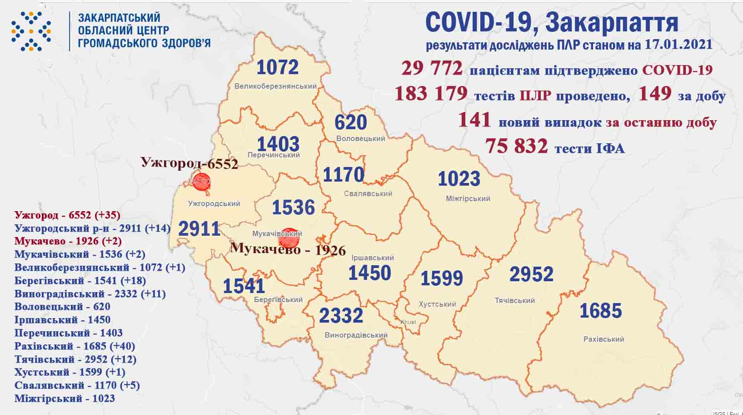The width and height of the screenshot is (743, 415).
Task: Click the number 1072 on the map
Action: pyautogui.click(x=278, y=67)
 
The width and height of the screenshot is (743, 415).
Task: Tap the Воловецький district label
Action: pyautogui.click(x=361, y=138)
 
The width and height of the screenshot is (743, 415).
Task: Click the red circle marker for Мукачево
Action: pyautogui.click(x=289, y=238)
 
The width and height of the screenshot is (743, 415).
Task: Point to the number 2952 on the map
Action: pyautogui.click(x=531, y=274)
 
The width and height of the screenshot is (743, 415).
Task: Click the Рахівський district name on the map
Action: pyautogui.click(x=603, y=339)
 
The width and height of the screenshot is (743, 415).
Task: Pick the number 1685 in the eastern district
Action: pyautogui.click(x=600, y=311)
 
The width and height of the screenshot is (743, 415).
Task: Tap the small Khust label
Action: pyautogui.click(x=408, y=322)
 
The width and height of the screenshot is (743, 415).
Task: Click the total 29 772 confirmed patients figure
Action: pyautogui.click(x=432, y=69)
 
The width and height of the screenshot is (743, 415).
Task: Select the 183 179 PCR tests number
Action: pyautogui.click(x=431, y=94)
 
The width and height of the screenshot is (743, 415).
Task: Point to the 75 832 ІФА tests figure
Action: pyautogui.click(x=516, y=146)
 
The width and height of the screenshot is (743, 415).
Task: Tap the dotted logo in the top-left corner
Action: pyautogui.click(x=31, y=31)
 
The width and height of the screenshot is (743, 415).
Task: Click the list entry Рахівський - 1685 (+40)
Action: pyautogui.click(x=75, y=346)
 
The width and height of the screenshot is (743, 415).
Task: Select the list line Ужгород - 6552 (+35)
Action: pyautogui.click(x=67, y=215)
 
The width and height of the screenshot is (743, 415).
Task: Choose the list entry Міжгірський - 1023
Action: pyautogui.click(x=65, y=398)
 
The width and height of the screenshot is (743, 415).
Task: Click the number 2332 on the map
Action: pyautogui.click(x=341, y=315)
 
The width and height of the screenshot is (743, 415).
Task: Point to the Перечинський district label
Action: pyautogui.click(x=279, y=155)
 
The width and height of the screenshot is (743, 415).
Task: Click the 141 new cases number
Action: pyautogui.click(x=474, y=120)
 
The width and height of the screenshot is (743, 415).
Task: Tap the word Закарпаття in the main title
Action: pyautogui.click(x=610, y=23)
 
